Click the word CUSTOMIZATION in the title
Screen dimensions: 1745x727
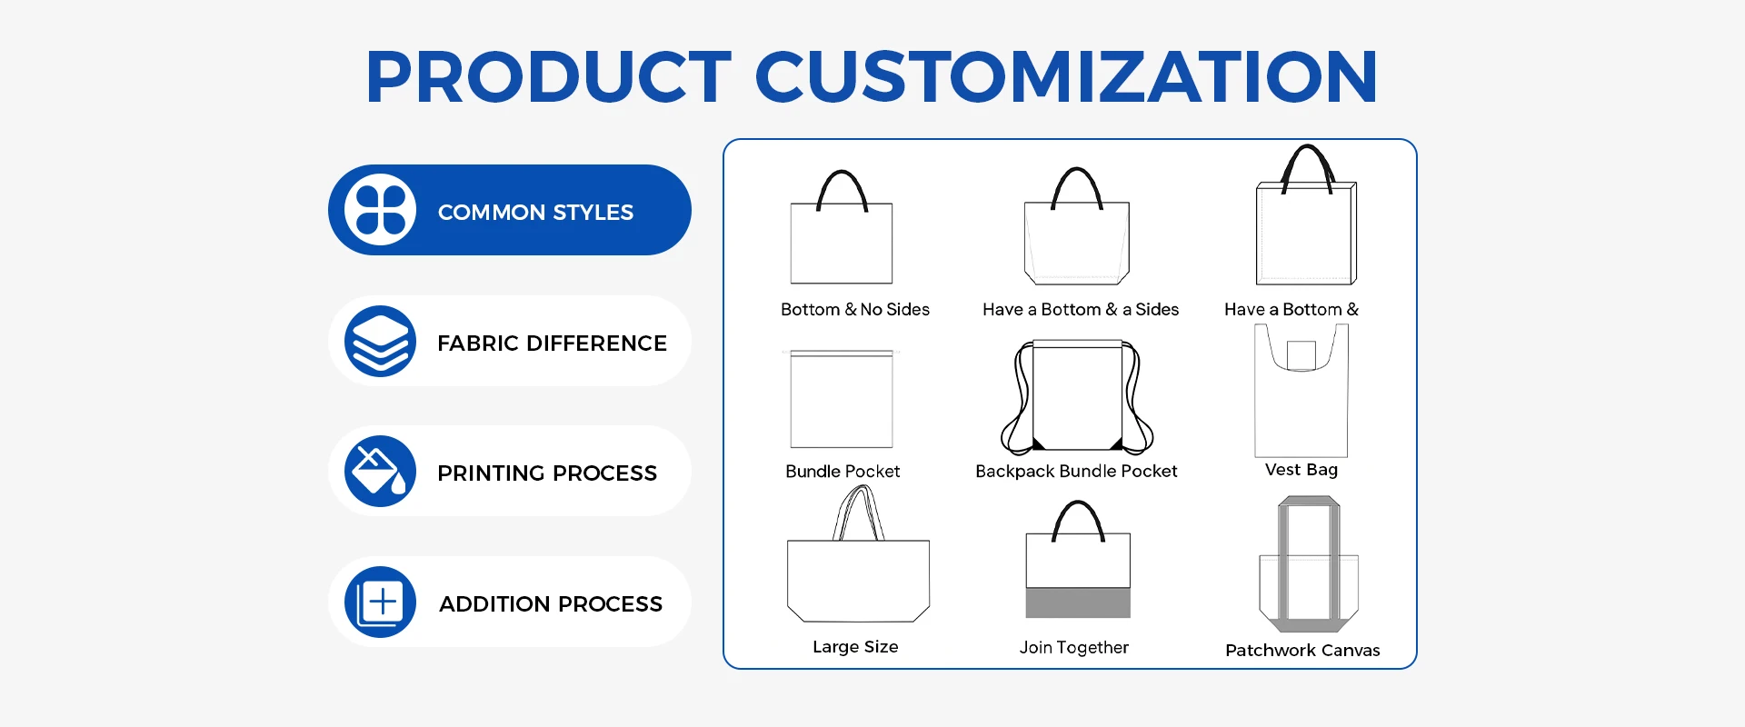1066,76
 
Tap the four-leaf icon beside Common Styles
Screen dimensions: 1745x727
380,210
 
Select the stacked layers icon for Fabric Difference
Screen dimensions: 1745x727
380,341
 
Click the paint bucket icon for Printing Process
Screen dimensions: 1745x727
380,471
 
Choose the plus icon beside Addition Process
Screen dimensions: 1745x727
380,602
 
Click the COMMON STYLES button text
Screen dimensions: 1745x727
535,213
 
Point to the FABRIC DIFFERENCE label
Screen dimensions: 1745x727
552,344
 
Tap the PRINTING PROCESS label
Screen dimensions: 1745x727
547,473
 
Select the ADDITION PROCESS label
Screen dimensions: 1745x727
551,604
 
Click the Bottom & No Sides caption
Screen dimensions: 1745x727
855,310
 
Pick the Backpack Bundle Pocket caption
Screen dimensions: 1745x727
1076,472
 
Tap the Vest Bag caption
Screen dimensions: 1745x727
1301,470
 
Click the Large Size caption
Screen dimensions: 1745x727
855,647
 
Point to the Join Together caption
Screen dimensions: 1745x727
1074,648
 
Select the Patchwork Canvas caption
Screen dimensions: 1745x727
1302,651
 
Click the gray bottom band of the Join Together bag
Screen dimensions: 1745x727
1078,603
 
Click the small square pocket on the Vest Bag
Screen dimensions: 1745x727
1301,355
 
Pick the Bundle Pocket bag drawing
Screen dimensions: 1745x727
842,399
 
